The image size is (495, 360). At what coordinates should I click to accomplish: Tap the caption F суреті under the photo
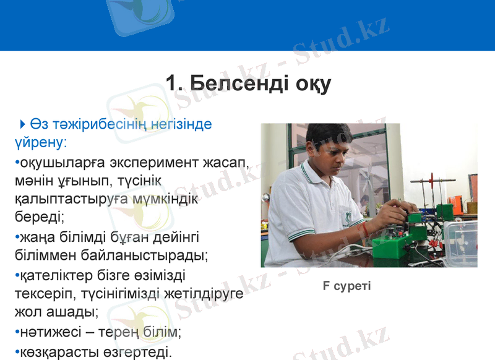(346, 286)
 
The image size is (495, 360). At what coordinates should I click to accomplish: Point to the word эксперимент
(155, 164)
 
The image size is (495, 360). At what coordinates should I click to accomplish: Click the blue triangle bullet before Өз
(23, 124)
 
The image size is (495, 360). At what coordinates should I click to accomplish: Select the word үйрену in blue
(38, 142)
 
